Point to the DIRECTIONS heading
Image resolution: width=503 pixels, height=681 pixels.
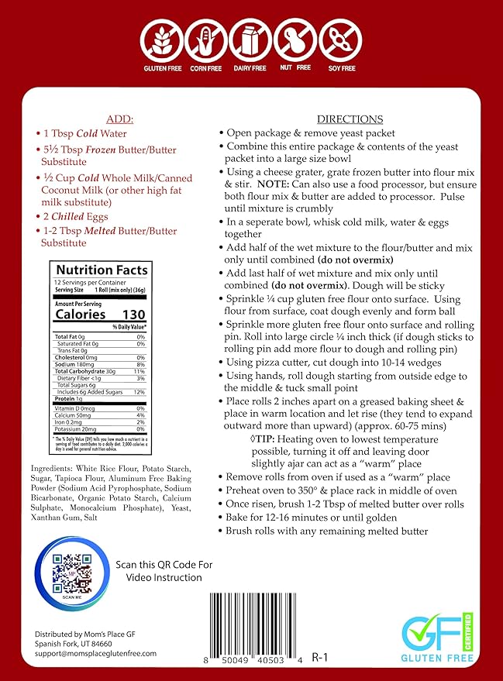(x=350, y=119)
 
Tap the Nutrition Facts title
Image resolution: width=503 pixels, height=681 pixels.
(x=100, y=270)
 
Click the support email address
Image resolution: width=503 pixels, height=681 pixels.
(x=84, y=653)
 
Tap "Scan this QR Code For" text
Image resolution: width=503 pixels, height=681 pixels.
(x=164, y=564)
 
